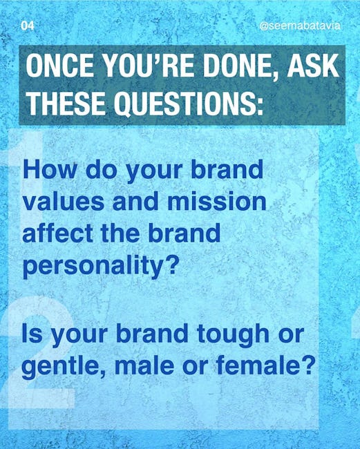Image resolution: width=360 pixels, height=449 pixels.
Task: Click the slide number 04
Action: (28, 26)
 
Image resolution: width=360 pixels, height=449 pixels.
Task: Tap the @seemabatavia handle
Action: (300, 26)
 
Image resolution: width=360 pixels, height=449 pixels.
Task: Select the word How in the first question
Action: (50, 169)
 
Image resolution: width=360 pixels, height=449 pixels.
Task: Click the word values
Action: (64, 201)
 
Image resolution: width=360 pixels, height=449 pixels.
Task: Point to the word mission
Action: (217, 201)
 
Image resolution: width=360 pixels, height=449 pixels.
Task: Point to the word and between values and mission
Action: (135, 201)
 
